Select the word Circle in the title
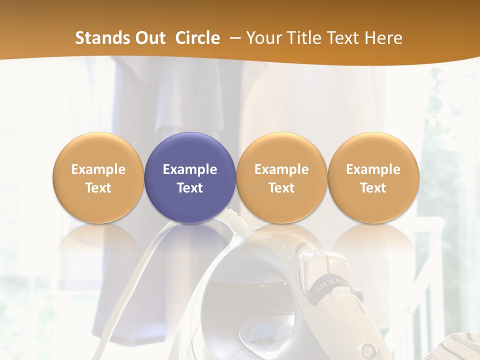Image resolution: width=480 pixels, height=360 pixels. (x=197, y=38)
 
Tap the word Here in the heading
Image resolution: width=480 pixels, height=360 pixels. (x=383, y=38)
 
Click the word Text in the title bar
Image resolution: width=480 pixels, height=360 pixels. (x=345, y=38)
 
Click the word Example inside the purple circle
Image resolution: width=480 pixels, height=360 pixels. (x=190, y=169)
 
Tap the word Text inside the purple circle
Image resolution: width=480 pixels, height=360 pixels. (x=190, y=188)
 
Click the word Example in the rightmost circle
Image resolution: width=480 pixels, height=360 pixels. (x=373, y=169)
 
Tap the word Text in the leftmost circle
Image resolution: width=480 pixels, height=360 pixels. (x=98, y=188)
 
